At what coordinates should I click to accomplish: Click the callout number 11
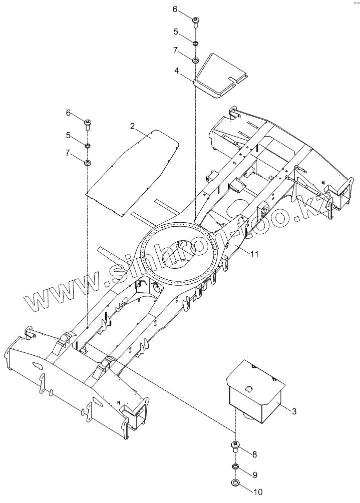pos(254,254)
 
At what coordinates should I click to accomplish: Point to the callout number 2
pos(132,126)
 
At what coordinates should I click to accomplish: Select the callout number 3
pos(294,411)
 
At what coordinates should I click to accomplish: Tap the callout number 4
pos(177,71)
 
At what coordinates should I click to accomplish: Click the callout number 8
pos(254,454)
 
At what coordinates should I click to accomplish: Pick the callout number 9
pos(254,474)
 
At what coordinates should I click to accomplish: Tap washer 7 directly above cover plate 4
pos(195,61)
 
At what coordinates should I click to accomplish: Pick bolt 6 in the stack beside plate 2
pos(88,123)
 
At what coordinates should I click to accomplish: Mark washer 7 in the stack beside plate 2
pos(88,163)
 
